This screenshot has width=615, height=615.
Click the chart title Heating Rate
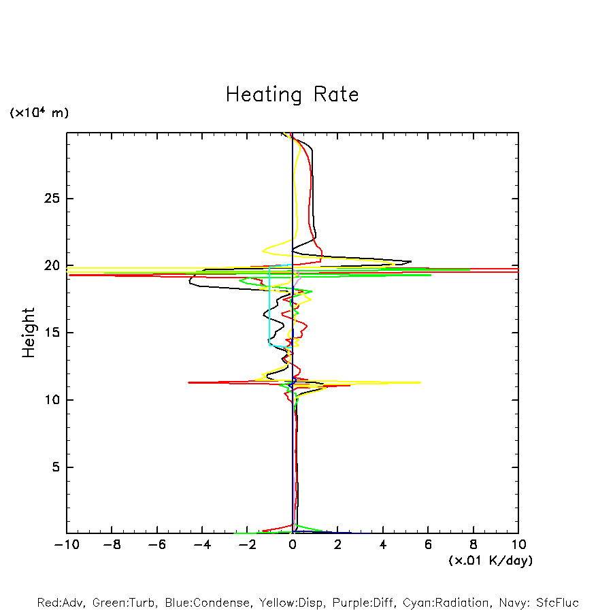[x=292, y=95]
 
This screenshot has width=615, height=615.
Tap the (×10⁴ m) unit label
[x=39, y=113]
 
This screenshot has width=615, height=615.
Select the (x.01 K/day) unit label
[x=490, y=561]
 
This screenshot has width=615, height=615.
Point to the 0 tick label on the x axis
[x=293, y=545]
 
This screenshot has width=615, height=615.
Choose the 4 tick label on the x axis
[x=383, y=545]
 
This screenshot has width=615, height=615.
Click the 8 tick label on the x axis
[x=473, y=545]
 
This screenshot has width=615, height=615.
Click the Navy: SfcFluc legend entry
[x=537, y=603]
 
